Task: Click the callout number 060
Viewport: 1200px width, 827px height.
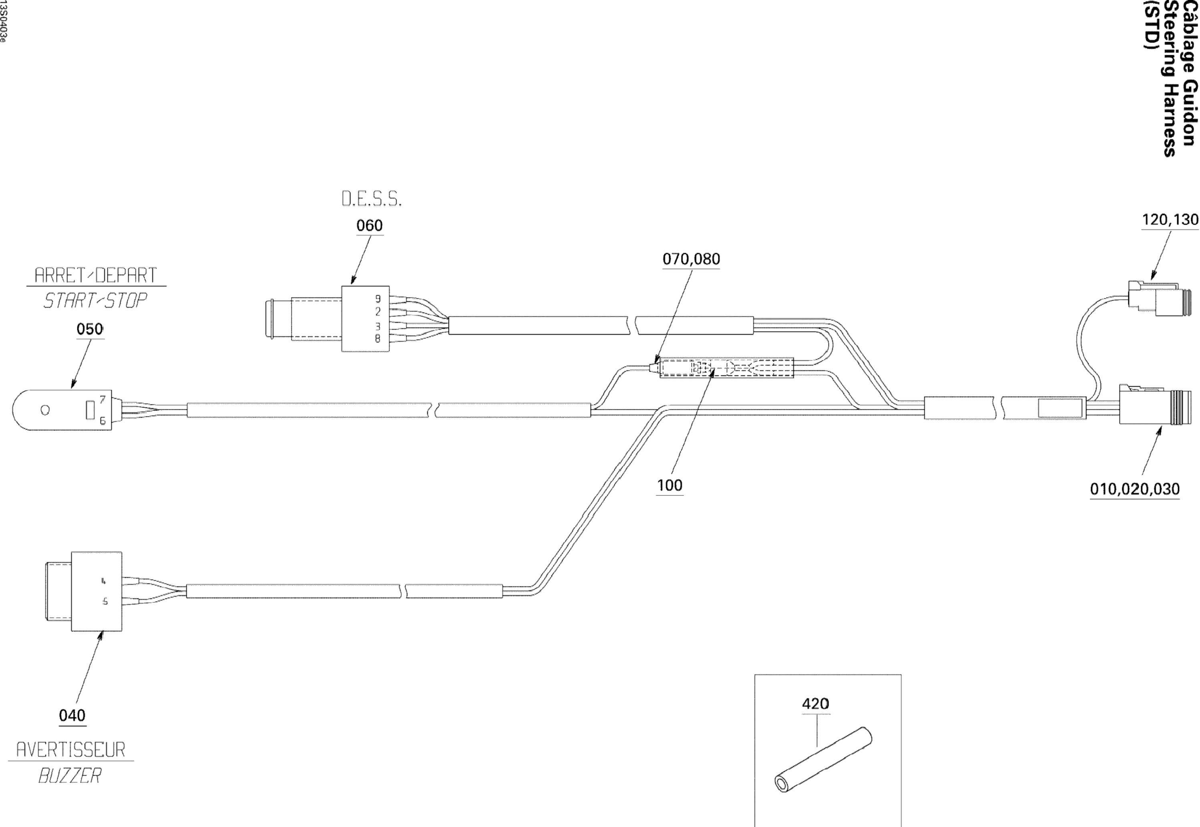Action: click(369, 225)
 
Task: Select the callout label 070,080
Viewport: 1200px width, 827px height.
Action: click(691, 259)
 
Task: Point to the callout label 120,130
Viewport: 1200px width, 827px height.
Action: click(1170, 220)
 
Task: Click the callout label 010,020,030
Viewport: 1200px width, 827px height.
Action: click(1135, 489)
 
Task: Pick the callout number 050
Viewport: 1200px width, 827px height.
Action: click(90, 329)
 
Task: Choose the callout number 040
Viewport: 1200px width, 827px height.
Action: click(72, 716)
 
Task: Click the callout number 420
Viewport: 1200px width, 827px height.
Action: click(815, 704)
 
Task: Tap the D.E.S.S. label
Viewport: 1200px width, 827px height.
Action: click(371, 199)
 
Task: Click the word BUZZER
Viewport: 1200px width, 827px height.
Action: click(70, 776)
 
